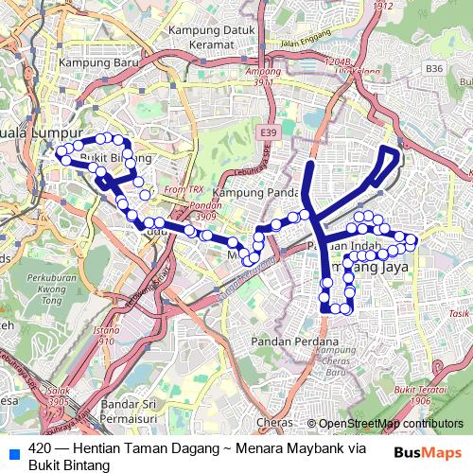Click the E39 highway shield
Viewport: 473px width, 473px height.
point(269,135)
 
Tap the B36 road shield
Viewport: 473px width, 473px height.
point(434,68)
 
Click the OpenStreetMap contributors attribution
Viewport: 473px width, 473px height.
point(391,423)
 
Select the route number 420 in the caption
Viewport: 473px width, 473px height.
point(39,447)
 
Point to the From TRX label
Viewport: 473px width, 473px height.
point(176,190)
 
